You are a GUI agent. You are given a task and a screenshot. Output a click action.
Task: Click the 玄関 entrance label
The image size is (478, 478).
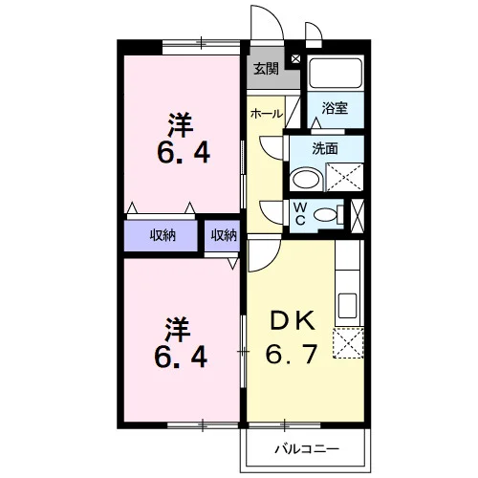click(266, 69)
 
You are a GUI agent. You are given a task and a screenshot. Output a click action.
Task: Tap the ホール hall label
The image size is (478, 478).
click(267, 114)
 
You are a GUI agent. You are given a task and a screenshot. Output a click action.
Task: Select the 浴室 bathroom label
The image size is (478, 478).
click(335, 108)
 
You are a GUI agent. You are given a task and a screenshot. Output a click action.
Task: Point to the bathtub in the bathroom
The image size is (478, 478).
click(336, 73)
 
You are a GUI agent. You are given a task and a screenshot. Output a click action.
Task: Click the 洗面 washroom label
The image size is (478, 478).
click(325, 148)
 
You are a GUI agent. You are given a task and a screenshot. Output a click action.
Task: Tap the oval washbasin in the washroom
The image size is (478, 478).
click(306, 180)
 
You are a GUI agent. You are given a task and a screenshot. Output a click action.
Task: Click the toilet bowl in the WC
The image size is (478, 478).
click(325, 214)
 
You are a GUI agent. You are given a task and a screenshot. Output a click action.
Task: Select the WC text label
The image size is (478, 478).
click(300, 214)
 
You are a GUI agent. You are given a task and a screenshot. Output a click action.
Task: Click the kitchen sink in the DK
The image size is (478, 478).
click(347, 306)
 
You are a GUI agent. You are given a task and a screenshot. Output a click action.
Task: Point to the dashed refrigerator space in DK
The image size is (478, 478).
click(348, 343)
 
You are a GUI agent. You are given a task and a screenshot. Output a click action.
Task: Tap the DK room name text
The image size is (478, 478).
click(293, 321)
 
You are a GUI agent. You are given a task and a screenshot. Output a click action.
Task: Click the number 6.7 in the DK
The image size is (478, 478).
click(292, 354)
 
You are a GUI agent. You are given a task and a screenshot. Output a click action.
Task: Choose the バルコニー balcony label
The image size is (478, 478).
click(307, 449)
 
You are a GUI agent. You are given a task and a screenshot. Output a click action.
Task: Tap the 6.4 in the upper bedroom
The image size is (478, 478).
click(184, 152)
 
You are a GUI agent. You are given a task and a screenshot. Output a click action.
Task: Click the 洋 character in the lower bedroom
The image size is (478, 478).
click(178, 330)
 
